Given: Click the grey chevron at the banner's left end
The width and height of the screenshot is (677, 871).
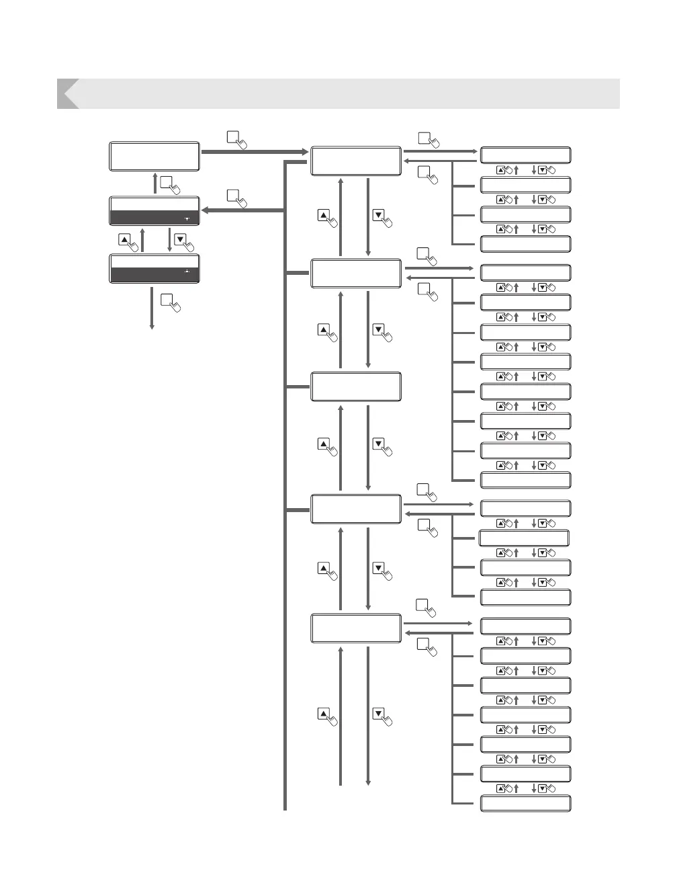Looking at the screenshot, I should (67, 93).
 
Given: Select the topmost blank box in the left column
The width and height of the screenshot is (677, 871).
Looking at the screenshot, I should (154, 156).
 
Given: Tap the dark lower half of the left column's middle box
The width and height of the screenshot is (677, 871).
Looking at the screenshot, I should (154, 218).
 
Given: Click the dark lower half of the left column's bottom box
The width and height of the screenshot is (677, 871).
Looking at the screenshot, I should (154, 275).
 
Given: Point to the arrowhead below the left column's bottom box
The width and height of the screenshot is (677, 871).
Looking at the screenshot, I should (152, 326).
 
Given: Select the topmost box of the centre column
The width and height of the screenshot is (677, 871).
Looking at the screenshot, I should (356, 161).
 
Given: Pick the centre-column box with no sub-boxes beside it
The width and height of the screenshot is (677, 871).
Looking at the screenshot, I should (356, 386).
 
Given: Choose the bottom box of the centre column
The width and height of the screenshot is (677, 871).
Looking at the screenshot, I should (356, 628).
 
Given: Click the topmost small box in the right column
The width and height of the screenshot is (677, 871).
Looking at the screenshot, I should (525, 155).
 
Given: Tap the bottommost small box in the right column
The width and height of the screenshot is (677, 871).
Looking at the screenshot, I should (525, 803).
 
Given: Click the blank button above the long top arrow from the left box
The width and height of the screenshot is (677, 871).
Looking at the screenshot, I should (232, 137).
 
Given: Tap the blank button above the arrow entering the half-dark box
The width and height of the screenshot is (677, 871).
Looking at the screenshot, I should (232, 196).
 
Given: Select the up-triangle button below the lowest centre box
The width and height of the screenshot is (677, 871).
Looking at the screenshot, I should (323, 714).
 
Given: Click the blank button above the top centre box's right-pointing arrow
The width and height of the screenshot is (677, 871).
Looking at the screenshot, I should (424, 138).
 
